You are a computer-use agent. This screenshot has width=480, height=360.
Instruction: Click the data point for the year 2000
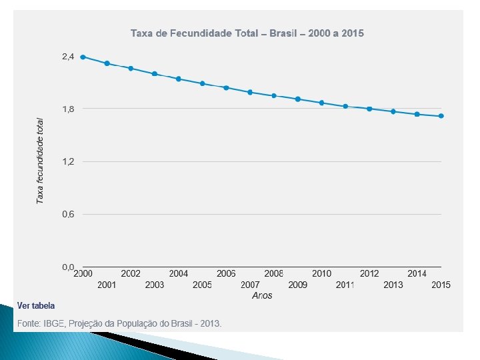tap(83, 57)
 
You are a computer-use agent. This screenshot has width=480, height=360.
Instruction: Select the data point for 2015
tap(441, 116)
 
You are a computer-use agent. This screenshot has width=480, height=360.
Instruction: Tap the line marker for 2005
tap(202, 83)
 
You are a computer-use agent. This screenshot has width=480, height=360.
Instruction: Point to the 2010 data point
tap(321, 103)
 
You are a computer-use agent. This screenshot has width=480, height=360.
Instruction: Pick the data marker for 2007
tap(250, 92)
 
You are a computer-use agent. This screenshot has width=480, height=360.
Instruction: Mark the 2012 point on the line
tap(369, 109)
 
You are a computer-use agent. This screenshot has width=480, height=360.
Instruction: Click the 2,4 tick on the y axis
tap(68, 57)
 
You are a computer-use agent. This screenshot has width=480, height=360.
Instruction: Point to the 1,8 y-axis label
tap(68, 109)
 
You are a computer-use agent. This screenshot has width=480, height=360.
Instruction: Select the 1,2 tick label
tap(68, 161)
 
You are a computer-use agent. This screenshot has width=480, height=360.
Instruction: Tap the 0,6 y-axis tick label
tap(68, 214)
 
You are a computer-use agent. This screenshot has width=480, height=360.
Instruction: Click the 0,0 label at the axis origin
tap(68, 267)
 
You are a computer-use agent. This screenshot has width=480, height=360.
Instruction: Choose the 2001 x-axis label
tap(107, 285)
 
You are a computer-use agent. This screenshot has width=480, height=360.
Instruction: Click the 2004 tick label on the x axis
tap(178, 273)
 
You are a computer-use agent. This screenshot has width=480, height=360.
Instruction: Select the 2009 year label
tap(298, 285)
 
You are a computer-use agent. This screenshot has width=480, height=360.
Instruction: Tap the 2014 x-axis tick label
tap(417, 273)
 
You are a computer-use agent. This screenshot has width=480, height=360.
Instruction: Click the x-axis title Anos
tap(262, 295)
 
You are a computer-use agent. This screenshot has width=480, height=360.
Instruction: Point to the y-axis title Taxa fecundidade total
tap(40, 161)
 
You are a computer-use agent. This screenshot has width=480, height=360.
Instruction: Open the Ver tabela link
tap(36, 306)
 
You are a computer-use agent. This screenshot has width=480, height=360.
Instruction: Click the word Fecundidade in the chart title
tap(196, 33)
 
